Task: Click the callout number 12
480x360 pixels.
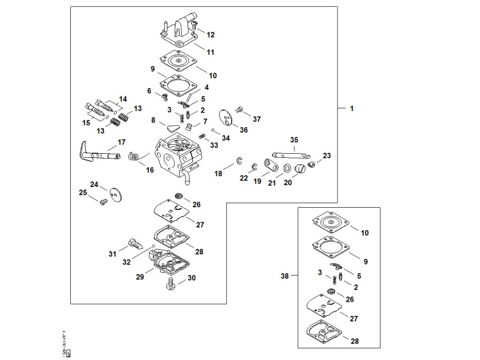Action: (210, 35)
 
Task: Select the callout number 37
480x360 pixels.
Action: (256, 119)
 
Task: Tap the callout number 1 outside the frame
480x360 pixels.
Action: (352, 108)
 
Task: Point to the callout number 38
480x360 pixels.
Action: (285, 276)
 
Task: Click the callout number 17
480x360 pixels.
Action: (121, 142)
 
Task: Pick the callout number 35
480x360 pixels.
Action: (294, 140)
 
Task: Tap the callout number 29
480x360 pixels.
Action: (140, 277)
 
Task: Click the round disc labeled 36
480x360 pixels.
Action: (226, 117)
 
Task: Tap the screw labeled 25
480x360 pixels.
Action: (104, 202)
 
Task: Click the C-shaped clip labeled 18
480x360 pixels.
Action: (240, 161)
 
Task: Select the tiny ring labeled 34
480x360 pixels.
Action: (213, 130)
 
